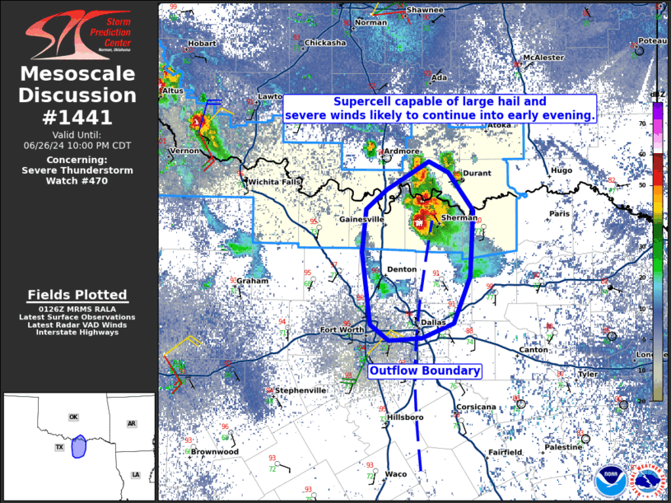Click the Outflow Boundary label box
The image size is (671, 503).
[x=424, y=371]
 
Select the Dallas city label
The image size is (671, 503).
[x=432, y=323]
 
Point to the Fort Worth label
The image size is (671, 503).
[x=342, y=330]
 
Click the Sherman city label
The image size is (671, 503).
[x=459, y=218]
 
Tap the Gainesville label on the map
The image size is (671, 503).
[x=361, y=220]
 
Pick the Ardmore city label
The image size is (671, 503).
[x=402, y=151]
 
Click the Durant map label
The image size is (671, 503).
[x=477, y=174]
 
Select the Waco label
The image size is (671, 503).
[x=396, y=474]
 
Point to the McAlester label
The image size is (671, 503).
[x=543, y=58]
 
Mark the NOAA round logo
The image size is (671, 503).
[x=610, y=477]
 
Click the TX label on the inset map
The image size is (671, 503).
[x=59, y=447]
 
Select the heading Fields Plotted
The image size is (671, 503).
[x=77, y=295]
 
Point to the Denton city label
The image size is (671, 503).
[x=402, y=269]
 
